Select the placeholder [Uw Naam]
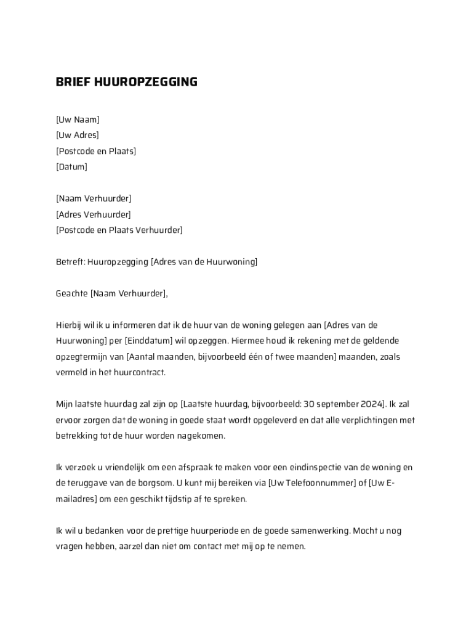(x=78, y=120)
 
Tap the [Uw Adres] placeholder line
(x=77, y=136)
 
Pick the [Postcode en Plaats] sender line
(x=96, y=151)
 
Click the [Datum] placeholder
(x=71, y=167)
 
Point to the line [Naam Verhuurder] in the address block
(x=94, y=198)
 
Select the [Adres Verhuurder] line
(x=93, y=214)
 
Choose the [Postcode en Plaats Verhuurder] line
(x=119, y=230)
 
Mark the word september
(x=337, y=404)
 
